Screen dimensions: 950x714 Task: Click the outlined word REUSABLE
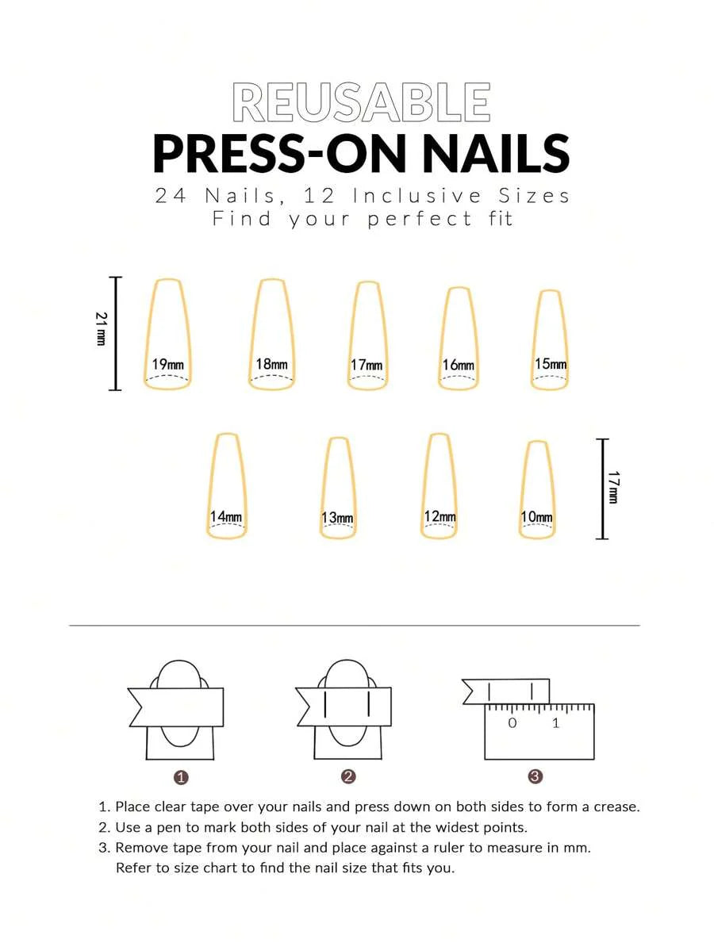(361, 103)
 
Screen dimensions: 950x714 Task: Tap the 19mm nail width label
(168, 364)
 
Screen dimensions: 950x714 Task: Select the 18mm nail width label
(271, 363)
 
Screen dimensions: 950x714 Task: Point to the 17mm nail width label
(367, 365)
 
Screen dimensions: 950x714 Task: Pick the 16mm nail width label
(459, 365)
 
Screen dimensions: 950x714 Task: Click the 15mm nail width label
(551, 363)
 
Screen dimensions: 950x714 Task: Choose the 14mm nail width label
(226, 517)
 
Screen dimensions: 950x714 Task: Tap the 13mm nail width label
(337, 518)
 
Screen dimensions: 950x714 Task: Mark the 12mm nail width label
(440, 517)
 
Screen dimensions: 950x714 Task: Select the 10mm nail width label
(536, 517)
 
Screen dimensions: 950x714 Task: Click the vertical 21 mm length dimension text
(101, 328)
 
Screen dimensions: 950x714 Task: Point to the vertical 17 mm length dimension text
(613, 487)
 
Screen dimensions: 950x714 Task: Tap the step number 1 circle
(181, 778)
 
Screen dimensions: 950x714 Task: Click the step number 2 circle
(348, 777)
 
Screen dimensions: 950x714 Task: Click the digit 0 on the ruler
(512, 722)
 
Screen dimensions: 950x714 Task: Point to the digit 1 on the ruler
(555, 722)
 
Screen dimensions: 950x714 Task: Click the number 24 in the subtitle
(171, 195)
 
